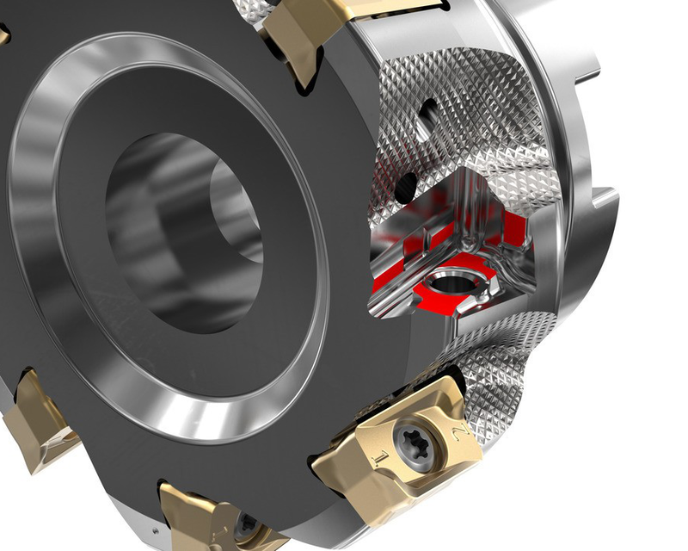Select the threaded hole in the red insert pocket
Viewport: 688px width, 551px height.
[448, 283]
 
